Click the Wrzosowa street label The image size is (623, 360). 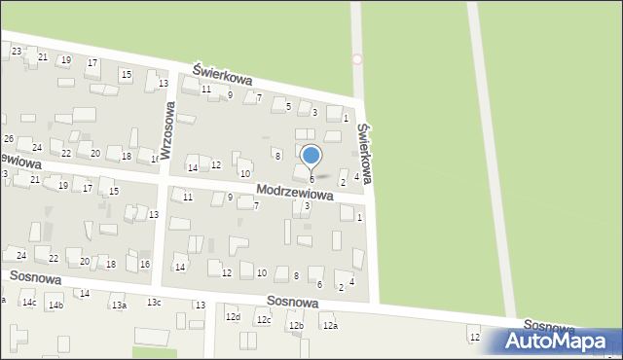pos(166,133)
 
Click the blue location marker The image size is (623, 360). pos(311,156)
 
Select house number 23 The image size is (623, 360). pos(17,51)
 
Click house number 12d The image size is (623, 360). pos(232,317)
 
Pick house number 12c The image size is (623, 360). pos(263,319)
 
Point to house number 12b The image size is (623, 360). pos(296,325)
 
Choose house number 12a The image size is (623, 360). pos(330,325)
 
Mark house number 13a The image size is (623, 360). pos(119,306)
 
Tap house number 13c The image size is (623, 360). pos(154,302)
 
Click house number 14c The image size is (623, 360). pos(29,304)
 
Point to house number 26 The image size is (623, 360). pos(8,139)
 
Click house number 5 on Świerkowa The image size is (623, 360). pos(288,105)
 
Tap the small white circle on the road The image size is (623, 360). pos(357,59)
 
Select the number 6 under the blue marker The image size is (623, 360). pos(311,179)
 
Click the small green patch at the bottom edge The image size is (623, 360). pos(148,352)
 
